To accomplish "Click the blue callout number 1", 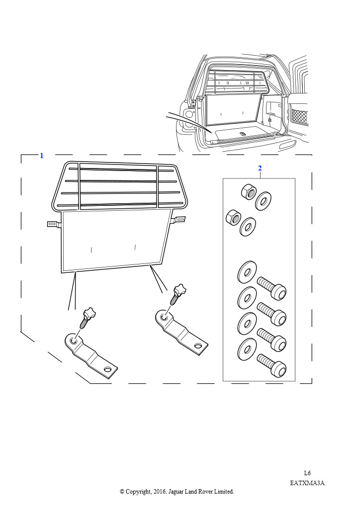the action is [41, 156].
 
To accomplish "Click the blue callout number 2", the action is [260, 168].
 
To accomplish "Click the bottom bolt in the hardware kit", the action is [271, 366].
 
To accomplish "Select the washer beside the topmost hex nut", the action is [263, 201].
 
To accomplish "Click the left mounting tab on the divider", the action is [54, 224].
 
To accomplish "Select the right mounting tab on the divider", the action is [179, 219].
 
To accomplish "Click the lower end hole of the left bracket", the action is [108, 369].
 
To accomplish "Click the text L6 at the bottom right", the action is [307, 473].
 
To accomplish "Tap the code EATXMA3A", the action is [307, 483].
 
